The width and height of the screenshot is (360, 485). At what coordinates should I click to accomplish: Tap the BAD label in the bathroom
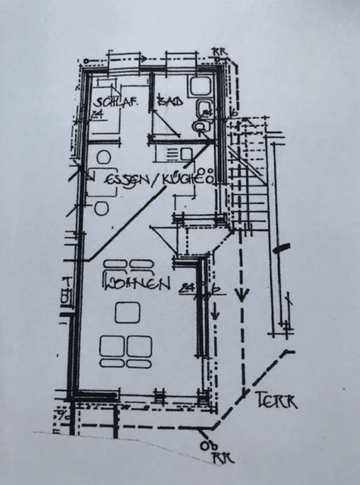170,101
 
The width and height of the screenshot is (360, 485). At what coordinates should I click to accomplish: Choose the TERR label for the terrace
276,401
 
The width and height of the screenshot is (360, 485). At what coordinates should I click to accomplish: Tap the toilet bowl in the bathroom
200,126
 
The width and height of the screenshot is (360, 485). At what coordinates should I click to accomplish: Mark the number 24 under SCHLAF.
97,114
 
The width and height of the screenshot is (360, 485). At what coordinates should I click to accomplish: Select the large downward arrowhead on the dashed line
242,293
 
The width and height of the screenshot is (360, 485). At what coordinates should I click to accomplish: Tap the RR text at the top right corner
221,51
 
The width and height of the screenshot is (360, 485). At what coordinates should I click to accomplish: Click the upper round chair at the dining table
104,158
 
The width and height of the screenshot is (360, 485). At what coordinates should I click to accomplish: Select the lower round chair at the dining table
102,208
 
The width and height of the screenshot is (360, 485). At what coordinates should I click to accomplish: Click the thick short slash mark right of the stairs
281,248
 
